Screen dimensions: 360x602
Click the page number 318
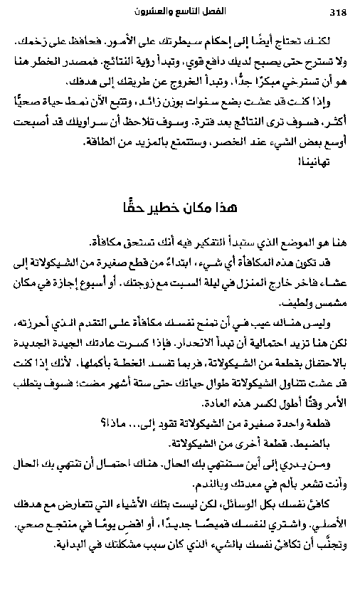pyautogui.click(x=338, y=11)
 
